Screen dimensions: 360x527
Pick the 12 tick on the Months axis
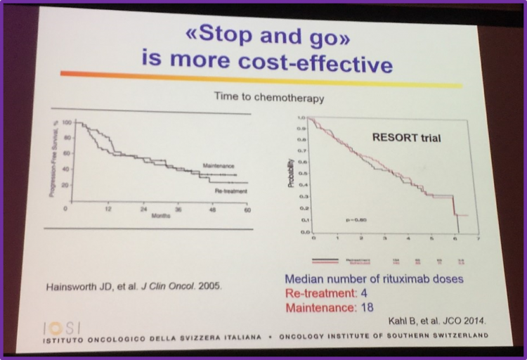pos(108,210)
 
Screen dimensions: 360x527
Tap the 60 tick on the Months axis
pos(247,210)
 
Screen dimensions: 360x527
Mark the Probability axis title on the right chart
pos(289,174)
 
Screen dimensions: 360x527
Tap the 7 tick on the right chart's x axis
pos(479,240)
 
